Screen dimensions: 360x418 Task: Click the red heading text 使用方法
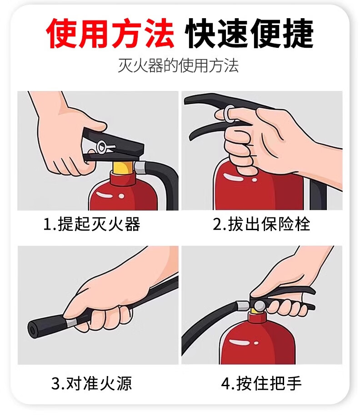click(110, 33)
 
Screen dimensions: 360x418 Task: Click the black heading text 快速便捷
click(249, 33)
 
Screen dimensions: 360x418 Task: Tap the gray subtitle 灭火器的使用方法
click(178, 65)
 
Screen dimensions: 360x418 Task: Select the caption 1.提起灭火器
click(91, 224)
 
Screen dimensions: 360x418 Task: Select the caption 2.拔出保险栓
click(261, 224)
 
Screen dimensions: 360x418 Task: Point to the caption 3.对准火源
click(91, 383)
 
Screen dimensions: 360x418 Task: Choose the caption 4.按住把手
click(261, 383)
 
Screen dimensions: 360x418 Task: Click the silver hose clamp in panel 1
click(140, 167)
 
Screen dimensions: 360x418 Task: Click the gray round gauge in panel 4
click(260, 306)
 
